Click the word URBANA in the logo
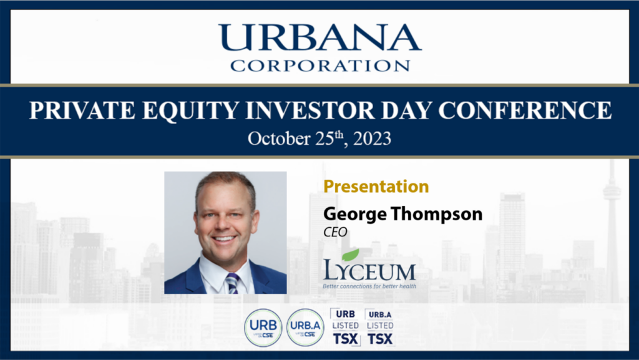tap(319, 39)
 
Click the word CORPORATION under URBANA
tap(319, 65)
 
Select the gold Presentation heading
tap(376, 186)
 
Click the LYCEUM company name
tap(369, 271)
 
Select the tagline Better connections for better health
tap(369, 286)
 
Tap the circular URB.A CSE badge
tap(305, 328)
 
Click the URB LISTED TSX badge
tap(345, 326)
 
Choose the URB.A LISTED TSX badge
tap(379, 326)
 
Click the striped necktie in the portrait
tap(232, 283)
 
